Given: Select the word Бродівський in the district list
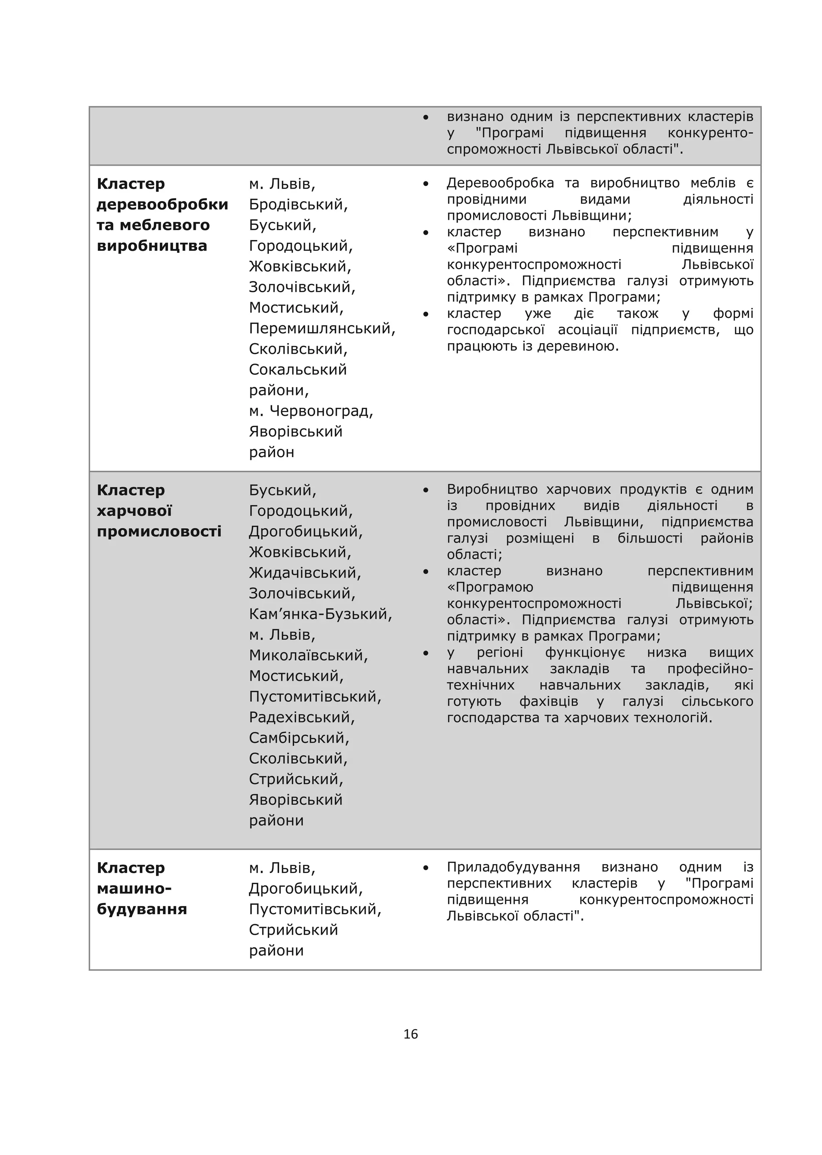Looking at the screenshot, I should tap(298, 205).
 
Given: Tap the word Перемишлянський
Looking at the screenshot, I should tap(321, 329).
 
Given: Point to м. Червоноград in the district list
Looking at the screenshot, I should tap(311, 411).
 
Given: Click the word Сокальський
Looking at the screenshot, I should tap(298, 370).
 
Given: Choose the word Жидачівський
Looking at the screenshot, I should tap(305, 573).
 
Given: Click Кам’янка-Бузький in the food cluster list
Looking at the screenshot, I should tap(320, 614).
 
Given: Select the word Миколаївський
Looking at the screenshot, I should tap(308, 655).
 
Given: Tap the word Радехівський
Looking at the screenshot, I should tap(302, 717).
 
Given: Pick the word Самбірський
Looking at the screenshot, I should tap(299, 738).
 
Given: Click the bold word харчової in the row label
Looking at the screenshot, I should tap(134, 511).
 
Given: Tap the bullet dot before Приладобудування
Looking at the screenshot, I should tap(426, 868).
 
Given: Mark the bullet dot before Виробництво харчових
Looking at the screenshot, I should tap(426, 490).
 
